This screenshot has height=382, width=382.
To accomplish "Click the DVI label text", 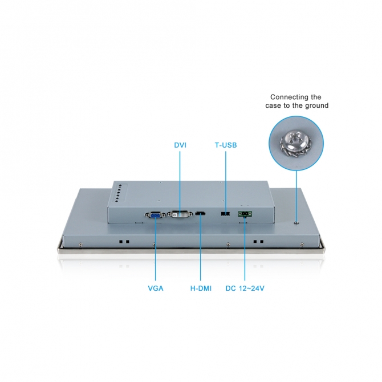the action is point(180,145).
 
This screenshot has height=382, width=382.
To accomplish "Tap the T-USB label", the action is point(226,145).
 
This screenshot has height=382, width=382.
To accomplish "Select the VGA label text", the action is point(156,288).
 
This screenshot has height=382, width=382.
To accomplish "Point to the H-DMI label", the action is point(201,288).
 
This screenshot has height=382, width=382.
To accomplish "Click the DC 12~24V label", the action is point(245,288).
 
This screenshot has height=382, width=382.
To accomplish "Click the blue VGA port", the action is point(156,215).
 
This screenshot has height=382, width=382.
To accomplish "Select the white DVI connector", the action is point(180,214).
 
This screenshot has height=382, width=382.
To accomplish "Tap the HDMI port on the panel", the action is point(200,214).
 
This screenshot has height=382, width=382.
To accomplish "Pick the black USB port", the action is point(225,214).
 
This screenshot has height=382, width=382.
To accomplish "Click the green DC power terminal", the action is point(245,214).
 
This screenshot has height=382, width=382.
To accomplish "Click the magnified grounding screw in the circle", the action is point(296,144).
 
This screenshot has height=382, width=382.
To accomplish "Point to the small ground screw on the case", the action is point(296,223).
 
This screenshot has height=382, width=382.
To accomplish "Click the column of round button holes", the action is point(118,193).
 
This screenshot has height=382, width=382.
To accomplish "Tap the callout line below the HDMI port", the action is point(201,249).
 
